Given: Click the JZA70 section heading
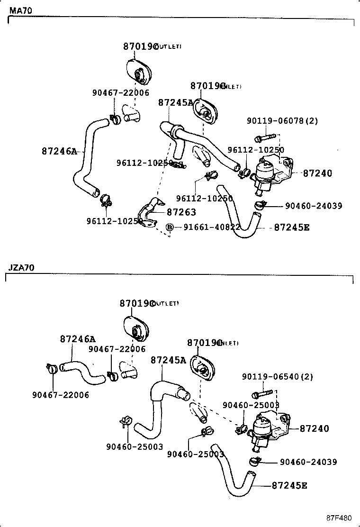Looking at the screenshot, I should pyautogui.click(x=21, y=268).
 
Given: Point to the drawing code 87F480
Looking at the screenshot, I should pyautogui.click(x=339, y=517).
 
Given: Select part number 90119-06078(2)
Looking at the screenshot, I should pyautogui.click(x=282, y=121).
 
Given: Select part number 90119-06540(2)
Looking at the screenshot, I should pyautogui.click(x=277, y=377).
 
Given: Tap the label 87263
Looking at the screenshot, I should pyautogui.click(x=181, y=212).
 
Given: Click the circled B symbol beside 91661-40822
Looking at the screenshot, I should pyautogui.click(x=170, y=227).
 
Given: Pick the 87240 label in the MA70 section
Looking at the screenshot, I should pyautogui.click(x=317, y=173).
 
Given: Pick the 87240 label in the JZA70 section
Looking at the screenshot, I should pyautogui.click(x=314, y=428).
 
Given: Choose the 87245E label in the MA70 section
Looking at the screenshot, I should pyautogui.click(x=292, y=227).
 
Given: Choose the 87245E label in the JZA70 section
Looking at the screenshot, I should pyautogui.click(x=289, y=485).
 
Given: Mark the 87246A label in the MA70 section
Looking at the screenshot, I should pyautogui.click(x=59, y=151).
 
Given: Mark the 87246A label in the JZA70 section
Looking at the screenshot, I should pyautogui.click(x=78, y=339).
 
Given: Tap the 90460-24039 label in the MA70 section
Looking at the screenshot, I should pyautogui.click(x=314, y=206).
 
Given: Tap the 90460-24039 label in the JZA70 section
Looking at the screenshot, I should pyautogui.click(x=308, y=462).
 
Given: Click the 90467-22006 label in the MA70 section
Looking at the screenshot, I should pyautogui.click(x=120, y=93).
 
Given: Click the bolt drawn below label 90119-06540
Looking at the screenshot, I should pyautogui.click(x=260, y=394).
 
